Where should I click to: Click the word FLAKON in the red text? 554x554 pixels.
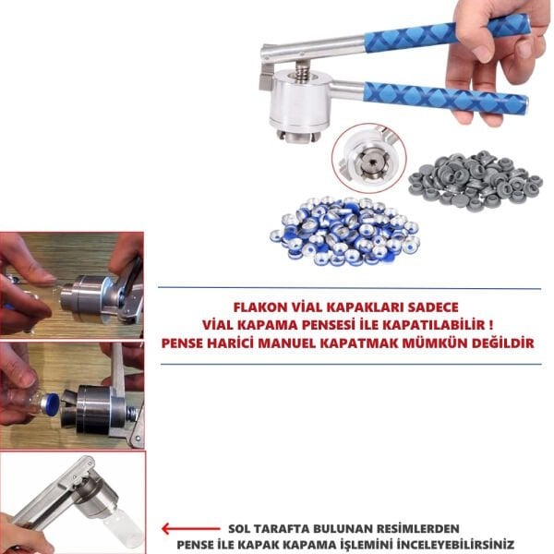pos(256,306)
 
